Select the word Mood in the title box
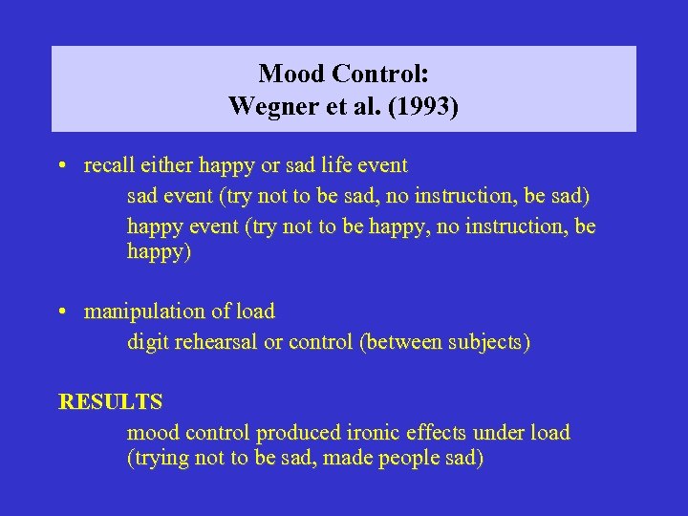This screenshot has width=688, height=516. tap(288, 73)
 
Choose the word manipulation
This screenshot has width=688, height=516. tap(139, 312)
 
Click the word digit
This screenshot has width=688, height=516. tap(148, 342)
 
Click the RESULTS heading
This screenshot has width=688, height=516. tap(110, 401)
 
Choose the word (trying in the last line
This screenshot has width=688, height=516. tap(158, 459)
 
